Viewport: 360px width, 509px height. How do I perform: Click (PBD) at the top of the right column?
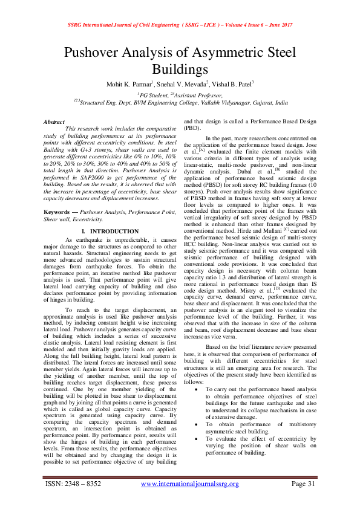[192, 129]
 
